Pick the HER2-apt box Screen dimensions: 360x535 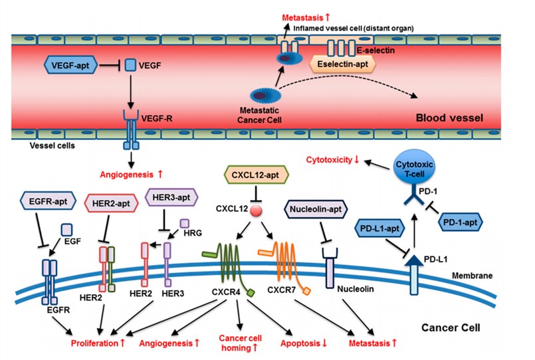pos(112,201)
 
